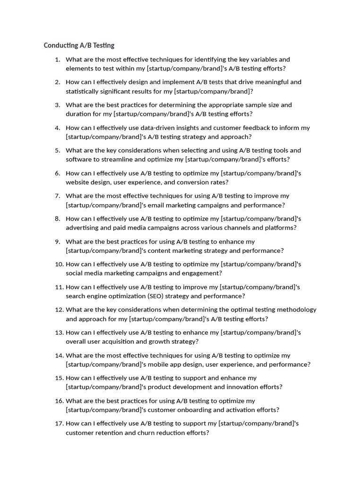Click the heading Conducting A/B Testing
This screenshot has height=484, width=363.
79,45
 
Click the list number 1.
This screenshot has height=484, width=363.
57,60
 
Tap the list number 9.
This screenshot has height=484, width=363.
57,242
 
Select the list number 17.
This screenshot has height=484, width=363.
59,423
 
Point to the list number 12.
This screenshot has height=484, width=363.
59,310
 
